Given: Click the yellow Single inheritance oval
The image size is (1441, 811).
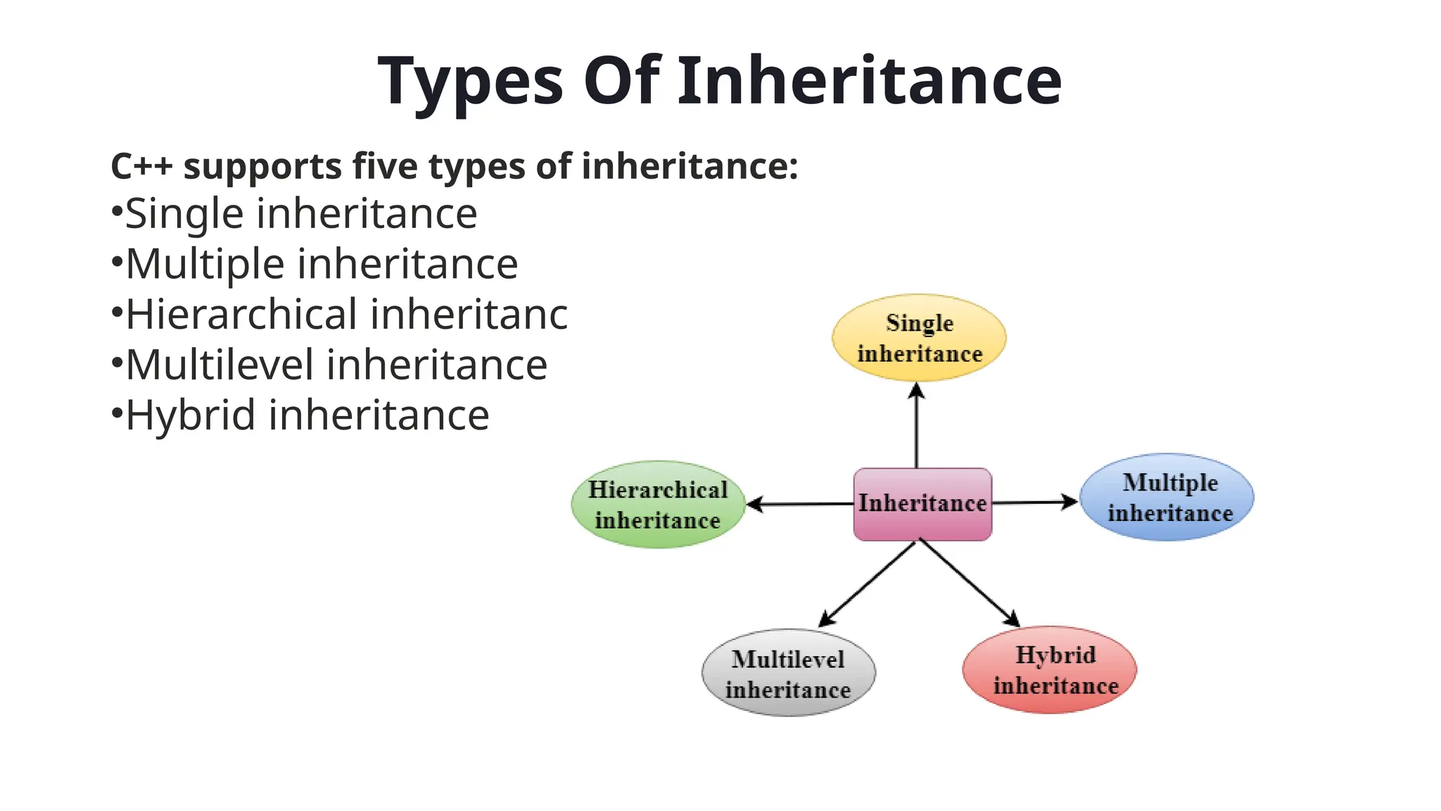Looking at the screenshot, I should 919,338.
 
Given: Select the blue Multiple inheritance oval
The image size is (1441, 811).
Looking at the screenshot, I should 1167,497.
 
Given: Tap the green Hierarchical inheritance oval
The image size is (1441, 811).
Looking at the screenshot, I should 658,505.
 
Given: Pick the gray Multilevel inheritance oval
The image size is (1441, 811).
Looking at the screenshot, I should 789,673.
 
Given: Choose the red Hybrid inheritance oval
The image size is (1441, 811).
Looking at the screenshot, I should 1050,669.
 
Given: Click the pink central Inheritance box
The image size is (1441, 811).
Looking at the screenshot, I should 922,504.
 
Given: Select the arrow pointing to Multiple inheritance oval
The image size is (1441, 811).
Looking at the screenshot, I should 1034,502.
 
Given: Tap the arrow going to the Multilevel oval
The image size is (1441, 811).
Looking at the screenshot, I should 868,584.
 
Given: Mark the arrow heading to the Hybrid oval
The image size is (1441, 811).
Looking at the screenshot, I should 970,583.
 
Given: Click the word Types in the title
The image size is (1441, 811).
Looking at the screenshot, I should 470,82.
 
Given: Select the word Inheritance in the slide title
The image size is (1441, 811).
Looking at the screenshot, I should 869,80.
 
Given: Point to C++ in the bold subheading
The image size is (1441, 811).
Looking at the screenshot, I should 141,167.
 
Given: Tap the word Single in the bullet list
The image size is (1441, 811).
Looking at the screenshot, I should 184,214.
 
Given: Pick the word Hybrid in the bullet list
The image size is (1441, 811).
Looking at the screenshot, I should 190,415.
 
